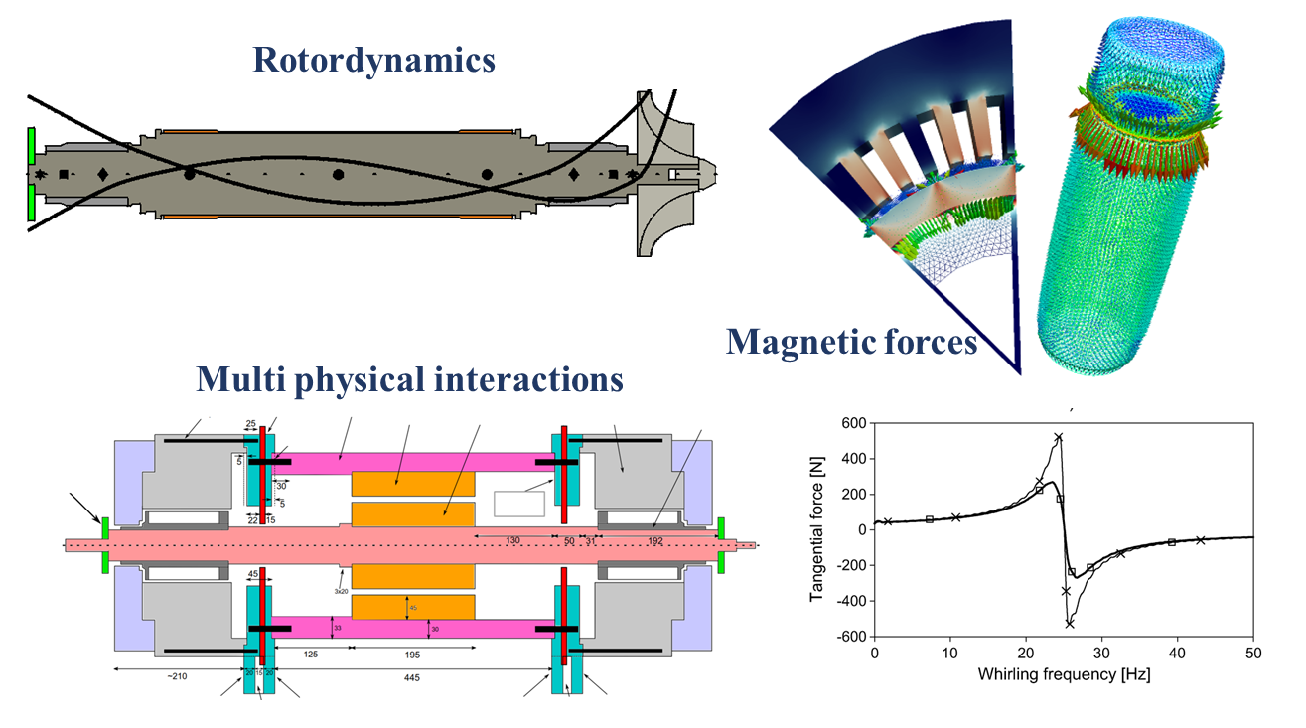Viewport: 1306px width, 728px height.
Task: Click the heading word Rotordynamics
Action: click(373, 61)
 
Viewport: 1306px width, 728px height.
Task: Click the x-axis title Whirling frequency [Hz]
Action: click(1064, 674)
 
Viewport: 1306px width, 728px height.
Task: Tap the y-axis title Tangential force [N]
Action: click(818, 529)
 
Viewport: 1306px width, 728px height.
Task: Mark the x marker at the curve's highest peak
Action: click(1059, 437)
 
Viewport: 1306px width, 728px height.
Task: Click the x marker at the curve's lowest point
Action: click(1070, 624)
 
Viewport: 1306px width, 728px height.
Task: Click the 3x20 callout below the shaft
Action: click(341, 591)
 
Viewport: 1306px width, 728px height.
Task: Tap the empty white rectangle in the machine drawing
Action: click(518, 504)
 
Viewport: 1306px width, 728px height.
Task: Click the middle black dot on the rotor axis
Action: click(338, 175)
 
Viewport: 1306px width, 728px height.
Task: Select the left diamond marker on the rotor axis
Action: click(102, 175)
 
